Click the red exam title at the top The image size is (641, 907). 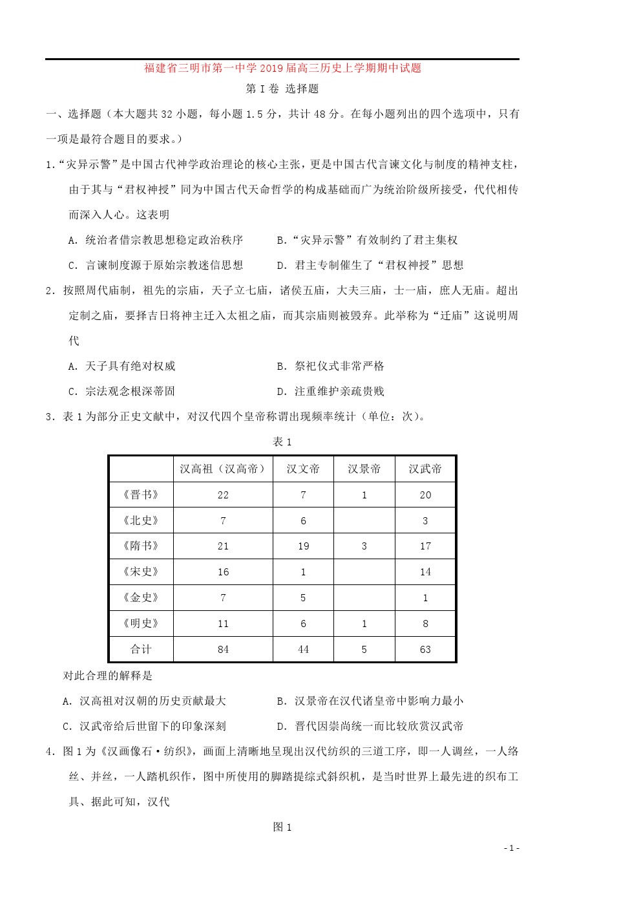click(x=282, y=68)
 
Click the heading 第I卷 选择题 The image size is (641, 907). click(x=282, y=89)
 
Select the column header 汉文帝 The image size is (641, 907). click(x=303, y=469)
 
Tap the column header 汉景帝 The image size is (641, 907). click(x=364, y=469)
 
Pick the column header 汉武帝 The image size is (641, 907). click(x=425, y=469)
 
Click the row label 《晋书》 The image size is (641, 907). click(x=141, y=495)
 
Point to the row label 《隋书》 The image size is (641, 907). click(x=141, y=546)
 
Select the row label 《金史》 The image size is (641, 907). click(x=141, y=597)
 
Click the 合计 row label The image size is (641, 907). click(x=141, y=649)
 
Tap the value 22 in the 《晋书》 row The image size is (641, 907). click(x=223, y=495)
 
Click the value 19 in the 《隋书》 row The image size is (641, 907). click(x=303, y=546)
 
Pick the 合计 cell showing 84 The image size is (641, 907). click(x=223, y=650)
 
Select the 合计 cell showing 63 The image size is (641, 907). click(x=425, y=650)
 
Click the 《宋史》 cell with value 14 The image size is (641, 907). click(x=425, y=572)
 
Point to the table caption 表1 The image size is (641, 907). click(x=282, y=442)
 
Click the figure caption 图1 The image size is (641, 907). click(x=282, y=827)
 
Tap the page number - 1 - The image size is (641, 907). click(x=511, y=848)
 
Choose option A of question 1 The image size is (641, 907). click(x=155, y=240)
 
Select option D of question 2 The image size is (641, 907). click(x=330, y=391)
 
